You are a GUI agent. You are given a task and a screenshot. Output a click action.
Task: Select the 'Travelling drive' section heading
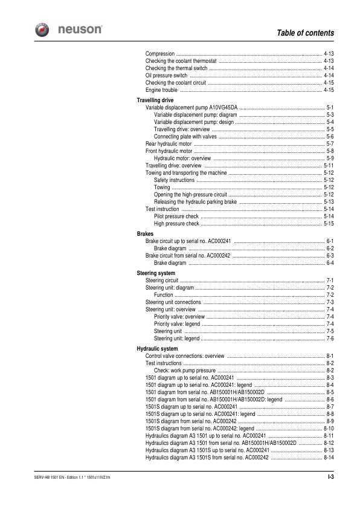click(x=156, y=99)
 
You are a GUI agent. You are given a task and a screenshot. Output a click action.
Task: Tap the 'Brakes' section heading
click(x=145, y=233)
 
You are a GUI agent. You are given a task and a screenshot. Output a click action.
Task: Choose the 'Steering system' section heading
click(x=156, y=273)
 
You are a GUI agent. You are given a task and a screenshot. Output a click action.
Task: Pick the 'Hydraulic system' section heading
click(x=157, y=349)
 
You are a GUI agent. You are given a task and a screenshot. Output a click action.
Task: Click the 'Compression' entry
click(x=160, y=54)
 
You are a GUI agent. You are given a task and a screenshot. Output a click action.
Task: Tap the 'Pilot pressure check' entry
click(x=176, y=216)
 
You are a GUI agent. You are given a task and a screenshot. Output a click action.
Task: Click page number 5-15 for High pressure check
click(x=329, y=224)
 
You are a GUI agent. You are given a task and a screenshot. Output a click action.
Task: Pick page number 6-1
click(x=330, y=241)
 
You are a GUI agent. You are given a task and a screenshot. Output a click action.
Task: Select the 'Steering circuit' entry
click(x=162, y=281)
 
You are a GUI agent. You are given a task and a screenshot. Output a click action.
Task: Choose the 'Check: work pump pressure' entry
click(x=184, y=370)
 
